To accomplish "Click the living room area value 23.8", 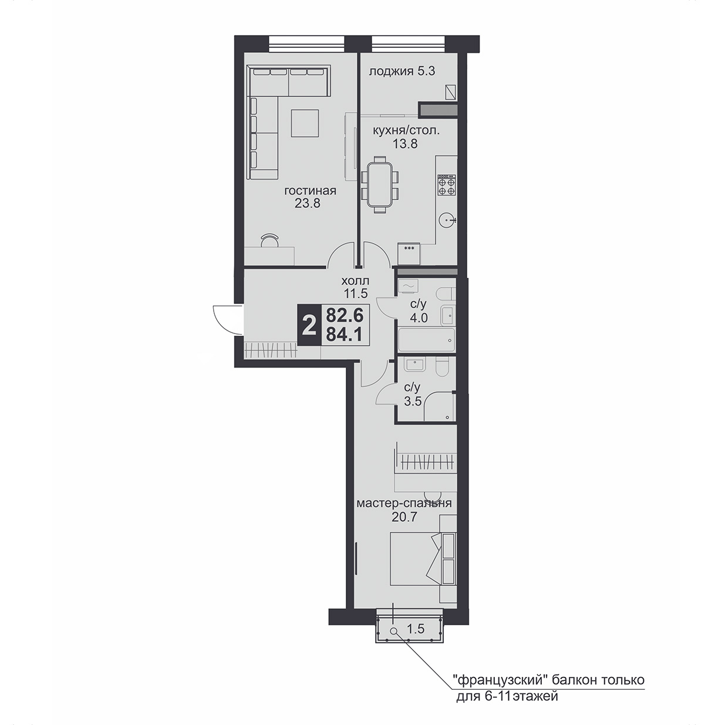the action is click(308, 204).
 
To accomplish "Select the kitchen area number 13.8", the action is click(405, 144).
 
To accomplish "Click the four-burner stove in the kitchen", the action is click(447, 186).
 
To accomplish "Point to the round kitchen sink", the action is click(448, 219).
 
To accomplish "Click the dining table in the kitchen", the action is click(380, 185).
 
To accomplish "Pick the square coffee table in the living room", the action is click(305, 123).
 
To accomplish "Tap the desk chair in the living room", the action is click(269, 240).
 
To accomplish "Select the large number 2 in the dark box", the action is click(309, 326).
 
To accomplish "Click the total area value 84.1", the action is click(344, 335).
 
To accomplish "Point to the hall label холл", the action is click(355, 281).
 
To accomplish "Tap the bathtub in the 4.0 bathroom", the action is click(426, 340).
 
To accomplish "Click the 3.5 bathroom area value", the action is click(412, 401).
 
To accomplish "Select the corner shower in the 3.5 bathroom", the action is click(439, 406).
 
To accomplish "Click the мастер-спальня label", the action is click(404, 503).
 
